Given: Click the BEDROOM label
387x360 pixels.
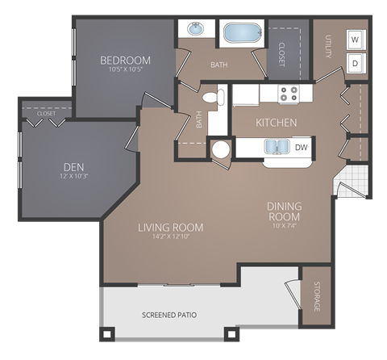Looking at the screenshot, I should (125, 61).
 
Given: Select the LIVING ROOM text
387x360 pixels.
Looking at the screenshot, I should (170, 228).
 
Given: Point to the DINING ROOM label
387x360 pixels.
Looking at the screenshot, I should (284, 211).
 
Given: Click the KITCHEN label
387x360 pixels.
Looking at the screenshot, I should (277, 123).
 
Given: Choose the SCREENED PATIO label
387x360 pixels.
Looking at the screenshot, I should (169, 314).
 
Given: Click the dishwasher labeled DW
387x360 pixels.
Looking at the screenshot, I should (301, 148).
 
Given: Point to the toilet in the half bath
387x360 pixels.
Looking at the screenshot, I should (211, 98).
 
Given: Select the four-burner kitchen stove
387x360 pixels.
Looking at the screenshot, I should (289, 94).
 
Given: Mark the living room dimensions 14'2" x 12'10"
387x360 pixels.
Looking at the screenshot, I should (170, 238).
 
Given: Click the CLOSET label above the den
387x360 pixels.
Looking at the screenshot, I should (46, 114).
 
